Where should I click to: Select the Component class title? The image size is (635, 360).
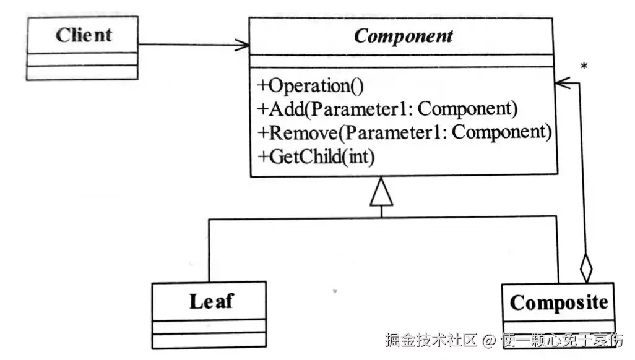pyautogui.click(x=403, y=36)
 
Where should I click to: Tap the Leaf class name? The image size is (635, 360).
pyautogui.click(x=211, y=301)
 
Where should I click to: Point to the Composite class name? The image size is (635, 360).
pyautogui.click(x=558, y=302)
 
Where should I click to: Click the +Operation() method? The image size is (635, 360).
pyautogui.click(x=310, y=86)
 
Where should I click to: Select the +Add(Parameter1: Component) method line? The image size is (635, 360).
pyautogui.click(x=386, y=109)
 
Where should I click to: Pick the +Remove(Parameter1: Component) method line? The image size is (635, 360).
pyautogui.click(x=403, y=132)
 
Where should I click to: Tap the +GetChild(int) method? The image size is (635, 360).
pyautogui.click(x=316, y=156)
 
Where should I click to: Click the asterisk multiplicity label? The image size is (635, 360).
pyautogui.click(x=584, y=66)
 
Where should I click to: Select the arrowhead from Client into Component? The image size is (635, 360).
pyautogui.click(x=243, y=45)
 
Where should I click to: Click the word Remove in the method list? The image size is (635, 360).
pyautogui.click(x=304, y=132)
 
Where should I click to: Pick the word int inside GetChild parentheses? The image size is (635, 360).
pyautogui.click(x=359, y=156)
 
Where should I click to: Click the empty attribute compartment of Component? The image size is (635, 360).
pyautogui.click(x=403, y=60)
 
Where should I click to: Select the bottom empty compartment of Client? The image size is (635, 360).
pyautogui.click(x=82, y=72)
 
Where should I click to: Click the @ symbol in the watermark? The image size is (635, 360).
pyautogui.click(x=490, y=340)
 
